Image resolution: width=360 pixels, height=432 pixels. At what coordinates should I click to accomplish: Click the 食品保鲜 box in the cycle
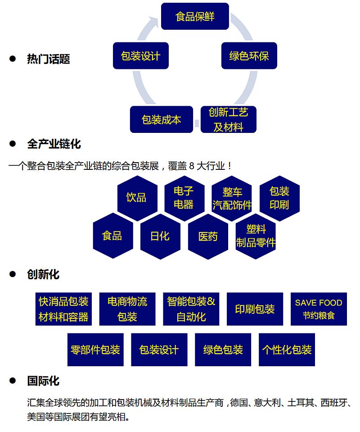click(195, 17)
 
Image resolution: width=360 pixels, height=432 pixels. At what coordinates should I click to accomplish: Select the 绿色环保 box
click(249, 56)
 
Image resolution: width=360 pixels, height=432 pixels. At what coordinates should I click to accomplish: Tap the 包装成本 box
click(161, 119)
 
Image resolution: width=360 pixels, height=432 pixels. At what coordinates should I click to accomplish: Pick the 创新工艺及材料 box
click(228, 119)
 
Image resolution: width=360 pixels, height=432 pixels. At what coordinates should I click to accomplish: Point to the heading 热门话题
click(49, 59)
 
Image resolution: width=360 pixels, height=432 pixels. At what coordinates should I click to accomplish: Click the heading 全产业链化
click(54, 144)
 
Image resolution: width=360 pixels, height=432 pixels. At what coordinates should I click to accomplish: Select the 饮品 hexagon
click(136, 197)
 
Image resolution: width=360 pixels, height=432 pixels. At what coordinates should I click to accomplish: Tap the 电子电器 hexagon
click(184, 197)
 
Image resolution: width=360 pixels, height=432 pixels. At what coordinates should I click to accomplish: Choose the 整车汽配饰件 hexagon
click(232, 198)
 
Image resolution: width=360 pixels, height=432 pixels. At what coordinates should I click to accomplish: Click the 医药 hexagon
click(208, 236)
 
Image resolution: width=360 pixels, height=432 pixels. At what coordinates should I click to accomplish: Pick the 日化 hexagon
click(160, 236)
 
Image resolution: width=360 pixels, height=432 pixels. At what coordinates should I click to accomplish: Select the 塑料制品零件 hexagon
click(256, 236)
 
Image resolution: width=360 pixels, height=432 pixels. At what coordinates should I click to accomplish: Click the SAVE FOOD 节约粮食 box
click(319, 309)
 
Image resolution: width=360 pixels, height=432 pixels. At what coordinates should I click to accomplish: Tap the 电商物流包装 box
click(127, 309)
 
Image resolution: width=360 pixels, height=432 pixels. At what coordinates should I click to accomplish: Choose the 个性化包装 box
click(287, 350)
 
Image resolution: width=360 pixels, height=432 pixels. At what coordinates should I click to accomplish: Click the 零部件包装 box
click(95, 350)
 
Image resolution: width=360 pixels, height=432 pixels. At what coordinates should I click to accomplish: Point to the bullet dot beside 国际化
click(13, 381)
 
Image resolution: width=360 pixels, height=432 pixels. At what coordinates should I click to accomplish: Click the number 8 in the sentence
click(192, 166)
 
